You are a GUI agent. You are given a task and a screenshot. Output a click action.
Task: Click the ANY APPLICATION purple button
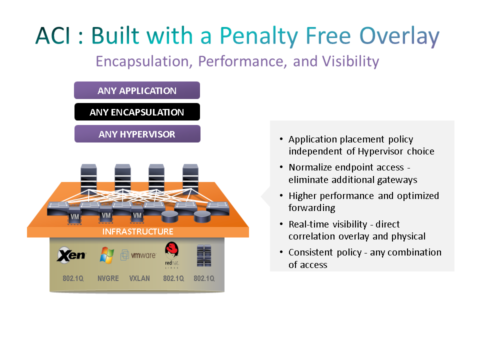[x=137, y=90]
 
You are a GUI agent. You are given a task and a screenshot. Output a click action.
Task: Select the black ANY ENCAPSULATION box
[x=137, y=112]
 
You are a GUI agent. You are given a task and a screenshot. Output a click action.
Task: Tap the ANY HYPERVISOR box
[x=137, y=134]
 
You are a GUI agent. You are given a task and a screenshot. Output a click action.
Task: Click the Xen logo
[x=71, y=255]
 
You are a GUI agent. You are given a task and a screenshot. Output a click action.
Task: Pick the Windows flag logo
[x=106, y=255]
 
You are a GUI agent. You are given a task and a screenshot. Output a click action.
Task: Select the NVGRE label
[x=108, y=278]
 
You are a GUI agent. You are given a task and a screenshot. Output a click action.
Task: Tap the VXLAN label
[x=139, y=278]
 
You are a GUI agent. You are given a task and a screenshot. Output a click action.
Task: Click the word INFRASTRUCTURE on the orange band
[x=137, y=231]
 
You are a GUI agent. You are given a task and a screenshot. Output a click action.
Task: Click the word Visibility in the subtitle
[x=350, y=61]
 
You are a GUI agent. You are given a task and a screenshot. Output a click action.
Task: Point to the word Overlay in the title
[x=399, y=36]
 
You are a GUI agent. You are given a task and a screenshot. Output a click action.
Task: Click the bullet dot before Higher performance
[x=281, y=195]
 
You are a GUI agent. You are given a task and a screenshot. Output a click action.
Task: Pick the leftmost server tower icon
[x=89, y=178]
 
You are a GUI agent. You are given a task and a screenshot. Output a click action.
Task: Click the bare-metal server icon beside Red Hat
[x=203, y=255]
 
